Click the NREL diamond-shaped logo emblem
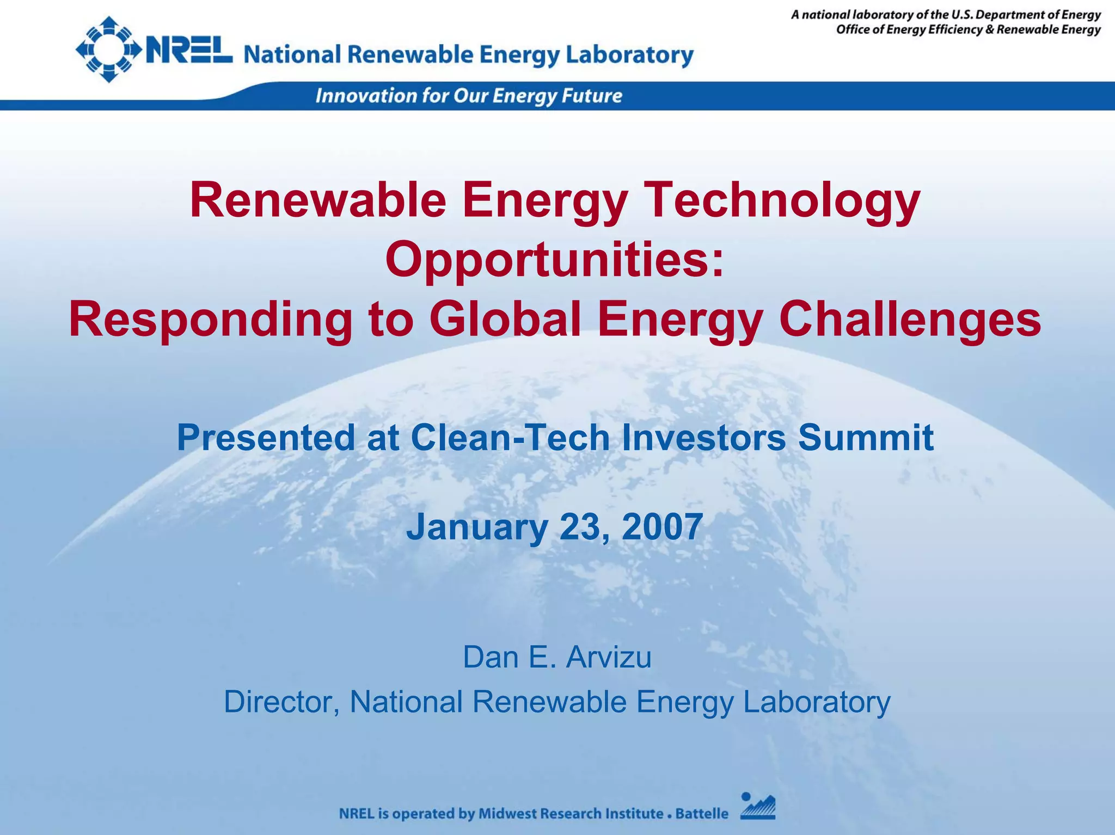pos(109,50)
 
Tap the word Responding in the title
pos(210,320)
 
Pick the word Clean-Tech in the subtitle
pos(510,438)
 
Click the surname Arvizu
pos(608,657)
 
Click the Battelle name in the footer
pos(701,814)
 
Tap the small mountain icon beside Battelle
pos(757,806)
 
